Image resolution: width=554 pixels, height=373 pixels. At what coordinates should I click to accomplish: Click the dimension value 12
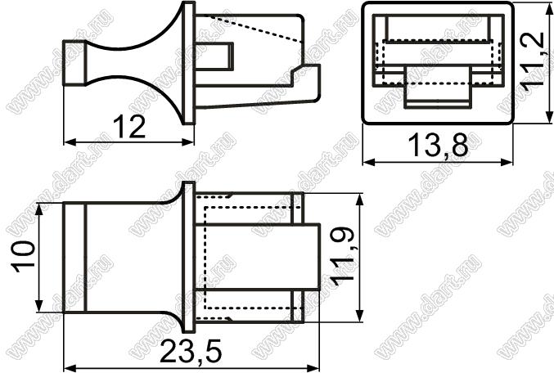[x=129, y=127]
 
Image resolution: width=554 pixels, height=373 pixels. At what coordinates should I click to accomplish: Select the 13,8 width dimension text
[x=438, y=145]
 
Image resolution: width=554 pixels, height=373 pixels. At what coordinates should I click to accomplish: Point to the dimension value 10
[x=24, y=257]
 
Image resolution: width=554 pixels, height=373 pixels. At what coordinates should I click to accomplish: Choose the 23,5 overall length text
[x=191, y=352]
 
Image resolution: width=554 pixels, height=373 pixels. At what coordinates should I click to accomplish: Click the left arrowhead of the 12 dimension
[x=70, y=142]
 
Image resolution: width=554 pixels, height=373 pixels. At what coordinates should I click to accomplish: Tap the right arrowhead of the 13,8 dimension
[x=507, y=162]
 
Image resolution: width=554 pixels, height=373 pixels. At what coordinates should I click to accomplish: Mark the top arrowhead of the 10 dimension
[x=39, y=209]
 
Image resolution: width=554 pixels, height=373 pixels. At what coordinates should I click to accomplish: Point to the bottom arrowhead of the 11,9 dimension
[x=360, y=316]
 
